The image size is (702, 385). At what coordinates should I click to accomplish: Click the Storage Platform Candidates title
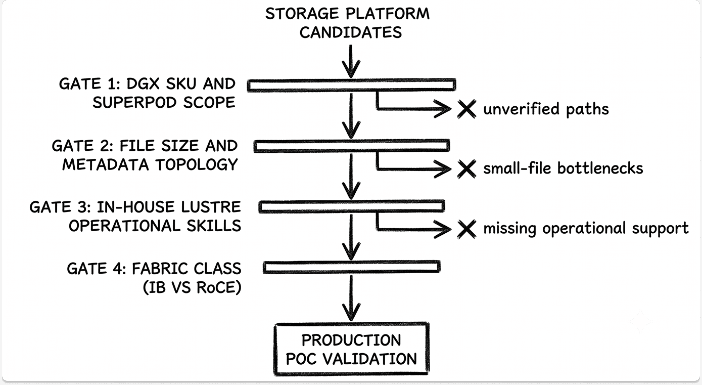tap(348, 23)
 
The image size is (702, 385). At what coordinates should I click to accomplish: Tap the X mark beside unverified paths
tap(466, 109)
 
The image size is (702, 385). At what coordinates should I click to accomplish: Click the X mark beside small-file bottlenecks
tap(466, 169)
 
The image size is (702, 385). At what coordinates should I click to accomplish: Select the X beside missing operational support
tap(466, 229)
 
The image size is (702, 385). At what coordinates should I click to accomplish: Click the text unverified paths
tap(546, 109)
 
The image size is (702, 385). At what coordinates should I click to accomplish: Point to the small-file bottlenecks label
tap(563, 168)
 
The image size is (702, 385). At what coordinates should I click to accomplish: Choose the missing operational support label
tap(586, 228)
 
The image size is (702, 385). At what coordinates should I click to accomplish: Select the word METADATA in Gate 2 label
tap(105, 165)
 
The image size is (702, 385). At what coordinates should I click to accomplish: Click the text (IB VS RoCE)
tap(192, 287)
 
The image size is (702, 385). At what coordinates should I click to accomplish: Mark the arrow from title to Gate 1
tap(351, 61)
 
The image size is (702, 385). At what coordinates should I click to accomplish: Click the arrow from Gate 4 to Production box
tap(351, 298)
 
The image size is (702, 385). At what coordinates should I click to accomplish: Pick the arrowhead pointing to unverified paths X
tap(443, 109)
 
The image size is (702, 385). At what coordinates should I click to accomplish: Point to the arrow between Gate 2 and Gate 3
tap(351, 177)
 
